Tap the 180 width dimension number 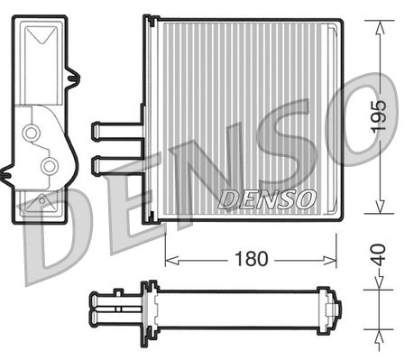tap(253, 258)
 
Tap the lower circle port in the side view tap(51, 165)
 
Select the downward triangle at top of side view tap(41, 38)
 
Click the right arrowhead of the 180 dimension tap(333, 259)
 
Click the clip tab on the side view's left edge tap(10, 168)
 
